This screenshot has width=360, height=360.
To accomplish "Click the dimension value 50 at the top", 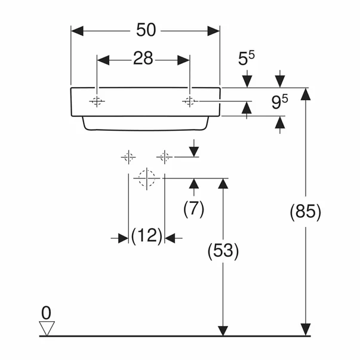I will point(145,29).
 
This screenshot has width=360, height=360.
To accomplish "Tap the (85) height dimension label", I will point(305,212).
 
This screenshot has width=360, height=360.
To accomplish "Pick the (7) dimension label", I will point(193,208).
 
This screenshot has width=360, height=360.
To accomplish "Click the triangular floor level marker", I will point(46,328).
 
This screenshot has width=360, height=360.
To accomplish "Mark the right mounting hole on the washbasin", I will point(189,101).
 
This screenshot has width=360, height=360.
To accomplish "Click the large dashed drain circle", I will point(146,178).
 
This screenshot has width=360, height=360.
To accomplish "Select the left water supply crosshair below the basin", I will point(128,157).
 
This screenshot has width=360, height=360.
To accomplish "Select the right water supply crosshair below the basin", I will point(164,157).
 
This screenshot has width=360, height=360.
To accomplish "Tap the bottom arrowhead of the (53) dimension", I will point(223,330).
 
